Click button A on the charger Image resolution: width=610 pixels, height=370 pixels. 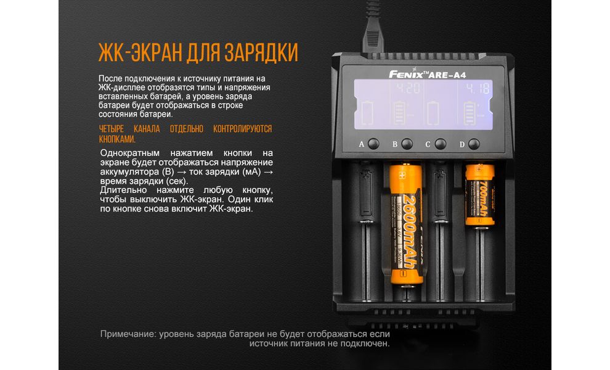tap(373, 144)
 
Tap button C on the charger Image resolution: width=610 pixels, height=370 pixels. tap(440, 144)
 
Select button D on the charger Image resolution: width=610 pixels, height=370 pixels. tap(473, 144)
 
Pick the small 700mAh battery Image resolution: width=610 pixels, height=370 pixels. tap(479, 194)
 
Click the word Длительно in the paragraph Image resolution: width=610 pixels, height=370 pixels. tap(124, 190)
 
